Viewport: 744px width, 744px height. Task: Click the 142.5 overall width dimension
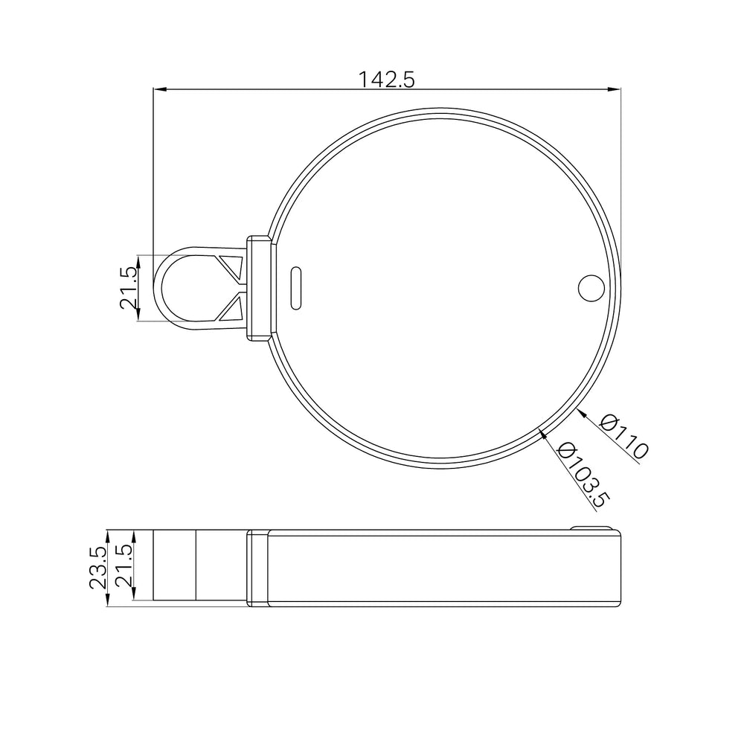click(x=385, y=80)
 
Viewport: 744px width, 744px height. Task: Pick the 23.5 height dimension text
click(x=97, y=568)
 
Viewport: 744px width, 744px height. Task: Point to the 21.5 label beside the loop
click(x=128, y=288)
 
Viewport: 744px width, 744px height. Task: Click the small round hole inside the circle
click(x=591, y=288)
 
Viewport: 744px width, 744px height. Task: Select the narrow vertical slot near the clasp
click(x=295, y=288)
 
